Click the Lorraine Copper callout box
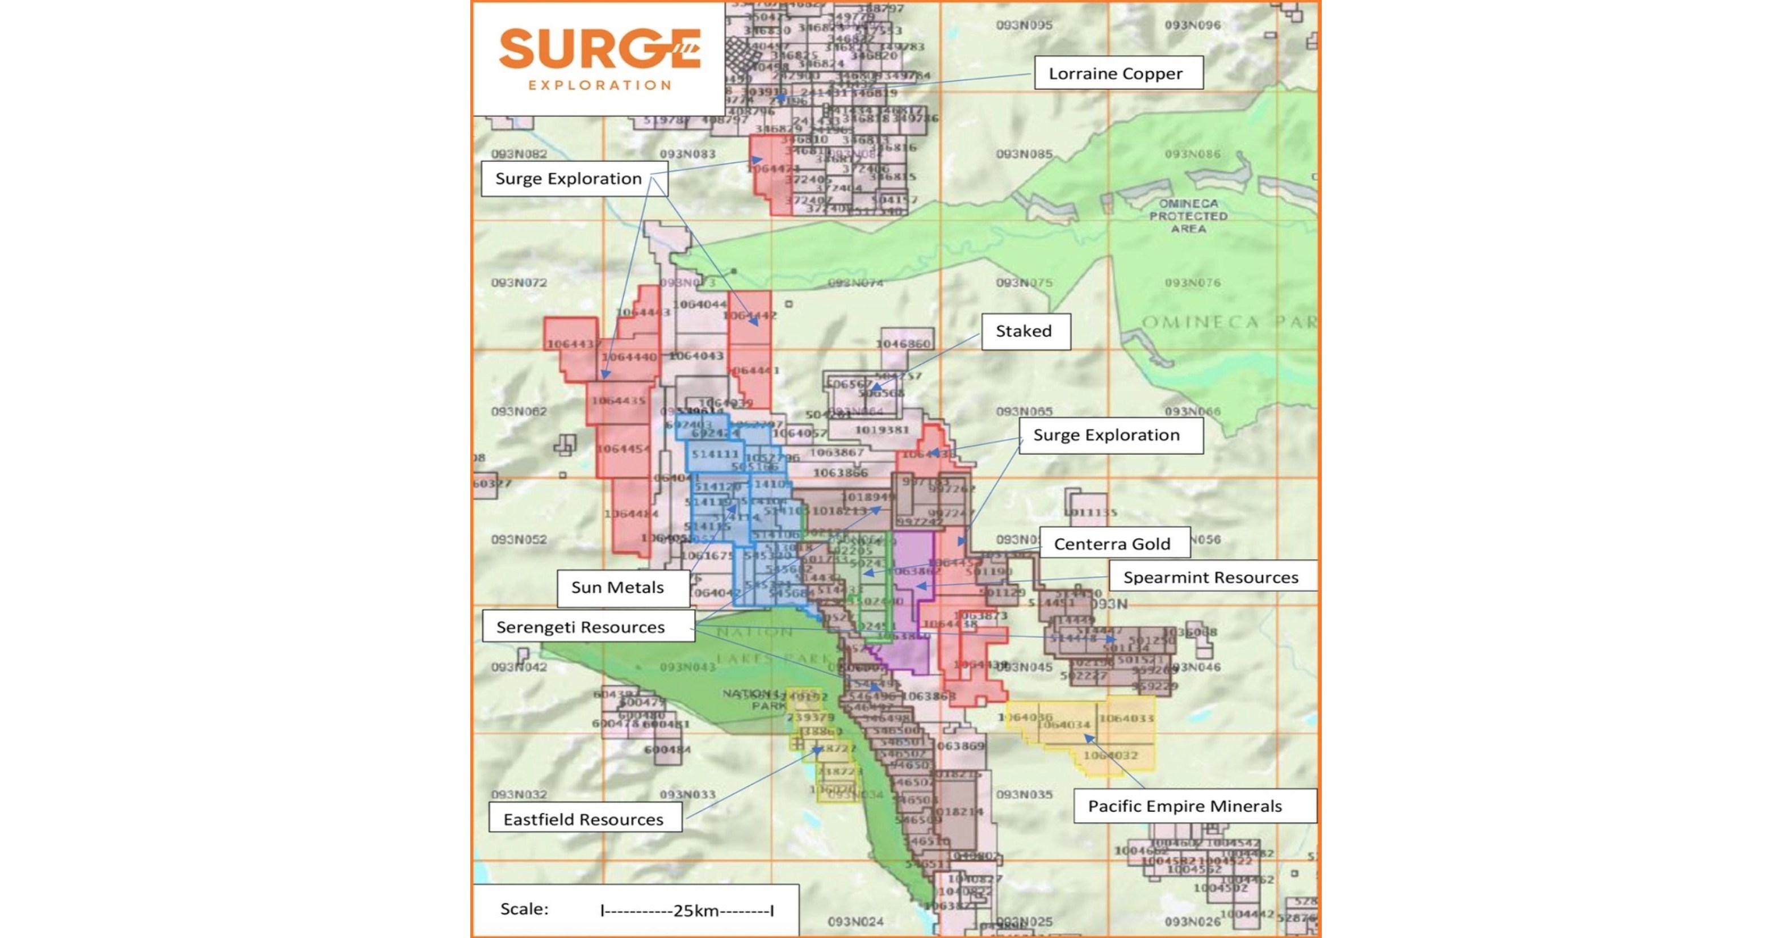1118,73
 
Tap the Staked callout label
1025,331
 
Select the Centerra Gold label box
1113,544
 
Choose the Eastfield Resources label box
584,819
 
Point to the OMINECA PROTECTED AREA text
1188,216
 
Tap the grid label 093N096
1192,25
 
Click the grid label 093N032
519,794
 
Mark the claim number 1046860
903,344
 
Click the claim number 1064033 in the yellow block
1126,718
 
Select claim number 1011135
1090,513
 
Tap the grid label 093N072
519,282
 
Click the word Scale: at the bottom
524,909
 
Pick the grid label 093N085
1024,154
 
